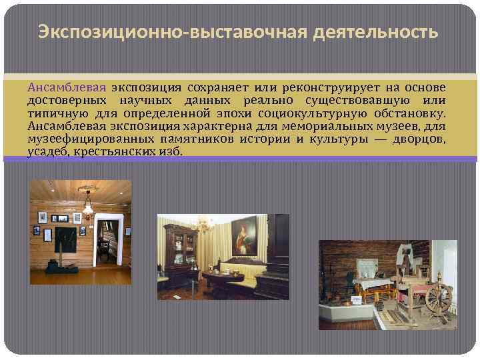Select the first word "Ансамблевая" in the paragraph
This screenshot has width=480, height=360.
(66, 88)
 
